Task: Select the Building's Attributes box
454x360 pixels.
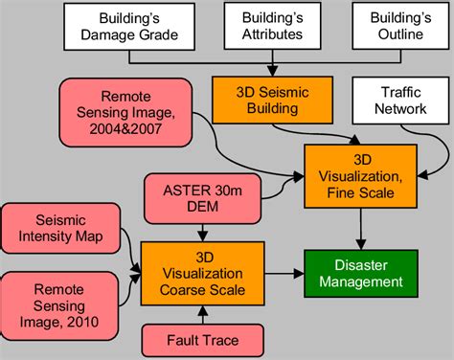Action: (273, 26)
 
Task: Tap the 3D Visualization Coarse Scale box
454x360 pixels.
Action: (202, 273)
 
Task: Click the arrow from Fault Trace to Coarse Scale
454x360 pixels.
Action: (202, 315)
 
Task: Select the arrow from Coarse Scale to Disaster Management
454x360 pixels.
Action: (284, 273)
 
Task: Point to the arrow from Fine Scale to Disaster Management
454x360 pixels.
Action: (359, 230)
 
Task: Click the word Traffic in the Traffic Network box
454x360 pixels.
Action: (384, 93)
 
